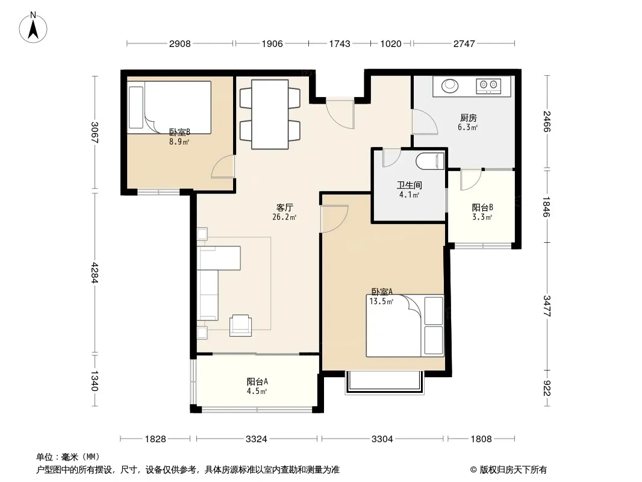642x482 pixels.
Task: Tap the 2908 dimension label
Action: pyautogui.click(x=179, y=43)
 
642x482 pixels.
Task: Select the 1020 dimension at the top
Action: pyautogui.click(x=391, y=43)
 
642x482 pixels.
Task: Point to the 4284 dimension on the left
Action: pyautogui.click(x=95, y=272)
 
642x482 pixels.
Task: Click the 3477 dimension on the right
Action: pyautogui.click(x=547, y=305)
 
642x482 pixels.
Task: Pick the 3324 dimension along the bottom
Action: pyautogui.click(x=257, y=439)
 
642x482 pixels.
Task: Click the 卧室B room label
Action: pyautogui.click(x=179, y=133)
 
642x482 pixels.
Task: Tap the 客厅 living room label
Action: pyautogui.click(x=284, y=207)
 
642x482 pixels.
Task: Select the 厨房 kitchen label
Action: pyautogui.click(x=468, y=118)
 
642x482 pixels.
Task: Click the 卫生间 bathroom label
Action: pyautogui.click(x=409, y=185)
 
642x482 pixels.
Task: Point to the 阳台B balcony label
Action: pyautogui.click(x=482, y=208)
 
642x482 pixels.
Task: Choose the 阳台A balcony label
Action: pyautogui.click(x=257, y=381)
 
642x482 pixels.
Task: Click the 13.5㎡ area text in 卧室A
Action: pyautogui.click(x=381, y=302)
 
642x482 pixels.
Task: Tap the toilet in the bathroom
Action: pyautogui.click(x=430, y=161)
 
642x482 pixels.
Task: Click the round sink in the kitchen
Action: pyautogui.click(x=449, y=86)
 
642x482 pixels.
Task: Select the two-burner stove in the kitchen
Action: pyautogui.click(x=488, y=86)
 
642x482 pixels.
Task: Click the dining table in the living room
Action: pyautogui.click(x=270, y=114)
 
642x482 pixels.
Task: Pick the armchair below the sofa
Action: pyautogui.click(x=241, y=325)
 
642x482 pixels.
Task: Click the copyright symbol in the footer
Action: pyautogui.click(x=473, y=470)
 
